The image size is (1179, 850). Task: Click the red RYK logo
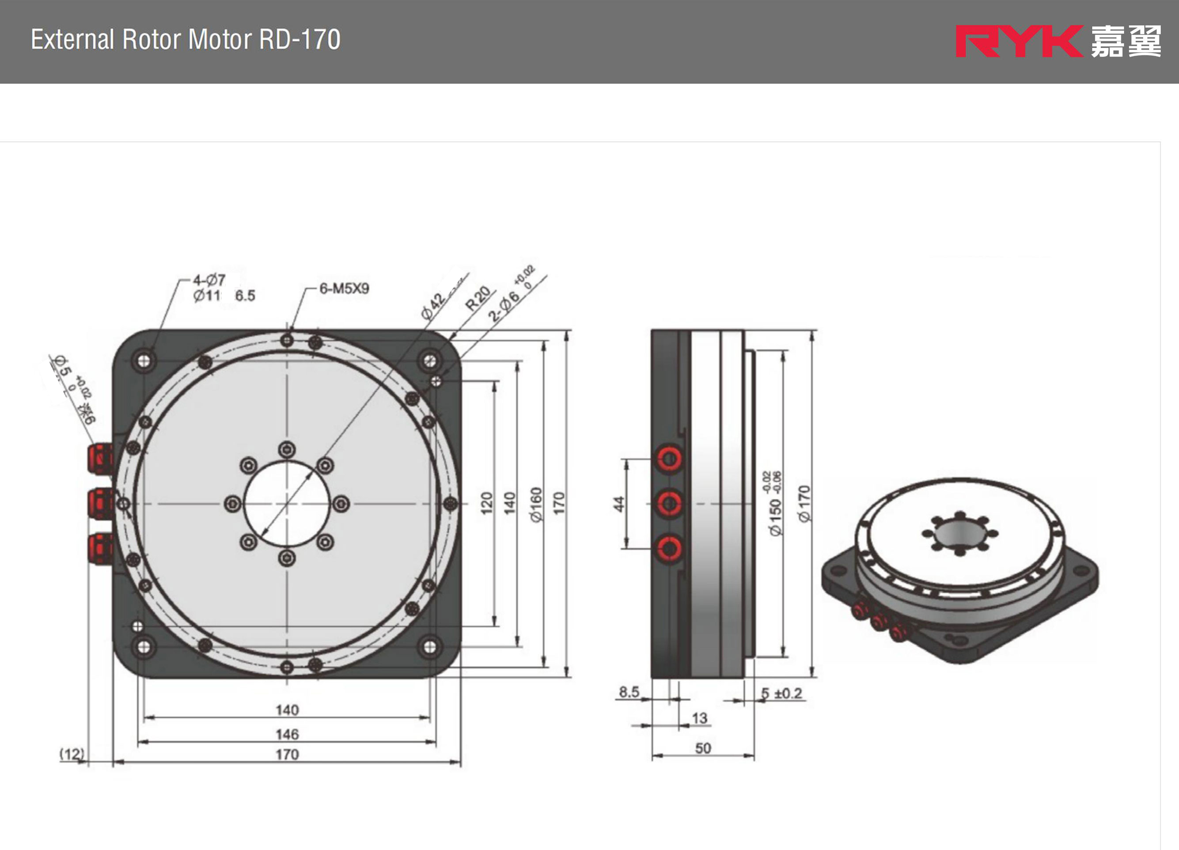coord(1019,41)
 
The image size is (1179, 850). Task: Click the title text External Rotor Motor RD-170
coord(186,39)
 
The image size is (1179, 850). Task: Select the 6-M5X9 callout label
coord(344,288)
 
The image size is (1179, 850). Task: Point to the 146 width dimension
coord(287,734)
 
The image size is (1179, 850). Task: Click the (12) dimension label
coord(72,754)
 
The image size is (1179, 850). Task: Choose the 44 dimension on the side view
coord(618,504)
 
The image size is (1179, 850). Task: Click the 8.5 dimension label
coord(629,692)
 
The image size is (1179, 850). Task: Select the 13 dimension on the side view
coord(700,718)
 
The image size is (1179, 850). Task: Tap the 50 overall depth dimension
coord(703,748)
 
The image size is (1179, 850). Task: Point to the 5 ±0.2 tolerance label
coord(782,693)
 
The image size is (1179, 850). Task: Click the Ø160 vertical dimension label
coord(536,504)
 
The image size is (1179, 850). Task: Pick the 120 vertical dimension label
coord(486,503)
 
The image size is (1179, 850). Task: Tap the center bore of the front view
coord(287,504)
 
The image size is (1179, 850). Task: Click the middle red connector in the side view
coord(670,503)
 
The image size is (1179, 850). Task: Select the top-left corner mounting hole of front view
coord(144,360)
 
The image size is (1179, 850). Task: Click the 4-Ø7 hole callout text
coord(209,280)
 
